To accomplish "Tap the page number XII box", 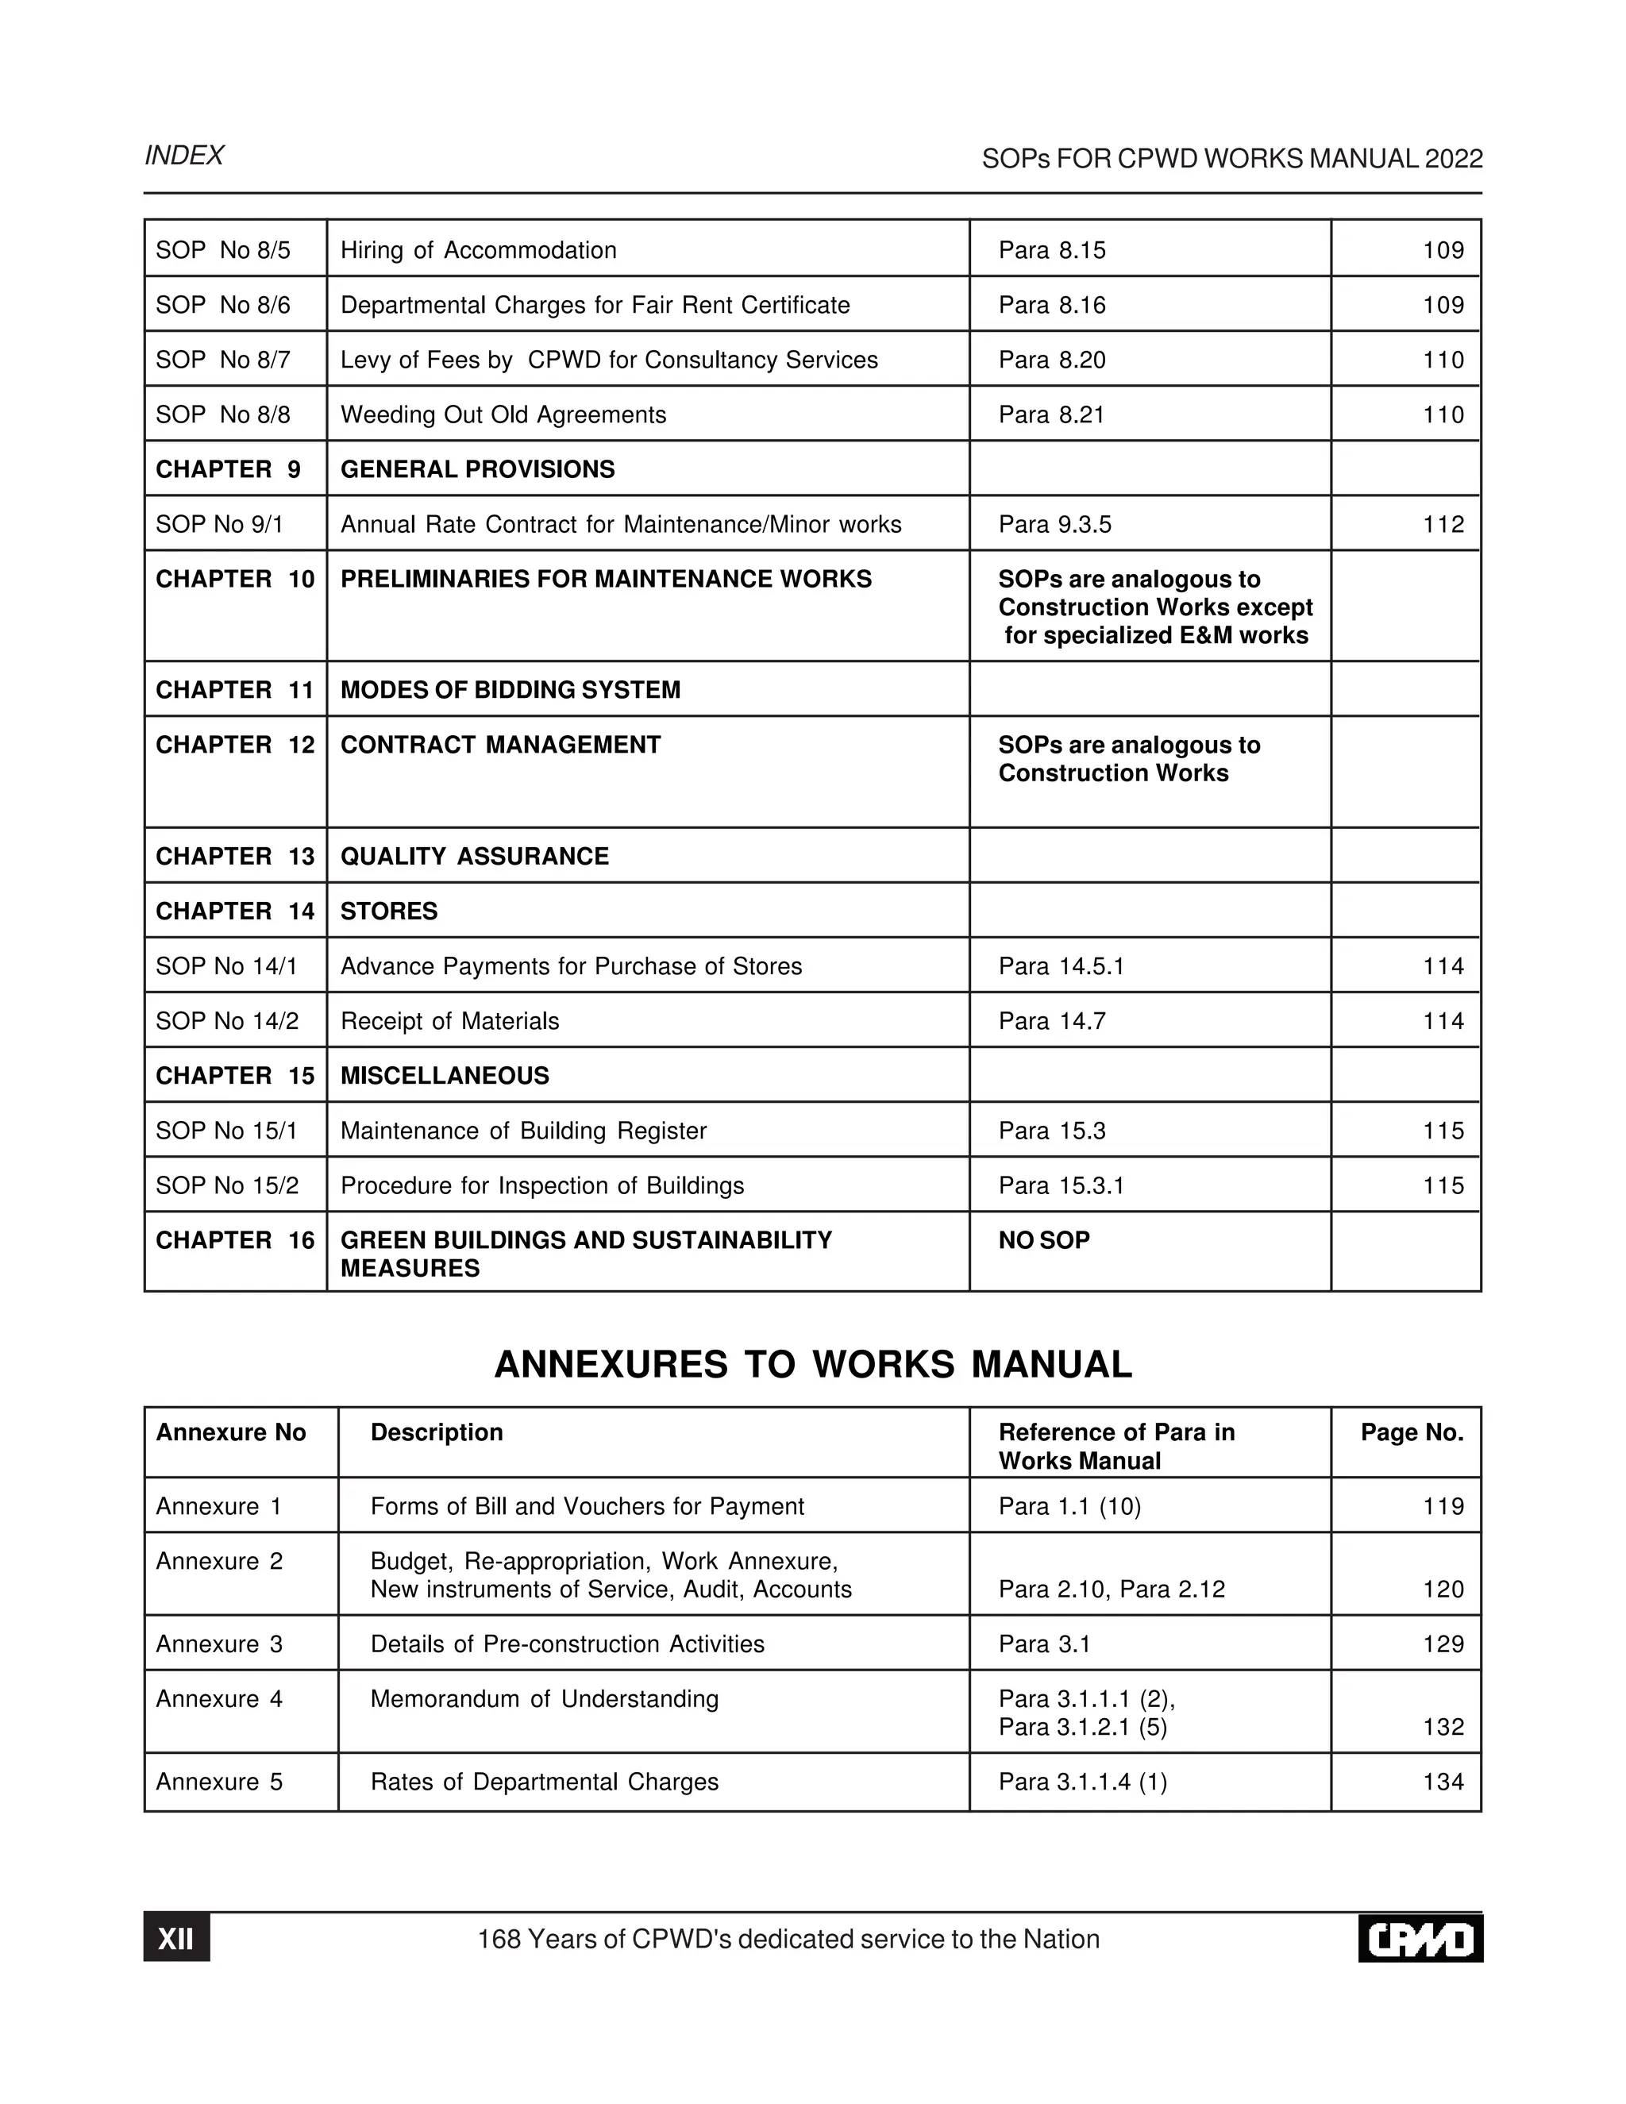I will coord(176,1938).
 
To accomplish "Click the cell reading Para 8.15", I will coord(1052,250).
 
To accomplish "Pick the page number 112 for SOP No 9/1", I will coord(1442,524).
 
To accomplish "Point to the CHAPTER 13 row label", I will coord(235,857).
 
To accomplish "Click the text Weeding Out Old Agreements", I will coord(503,415).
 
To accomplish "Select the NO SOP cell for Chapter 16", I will coord(1044,1241).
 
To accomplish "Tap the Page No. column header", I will coord(1411,1432).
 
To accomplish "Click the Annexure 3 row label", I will coord(220,1644).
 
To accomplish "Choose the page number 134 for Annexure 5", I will coord(1442,1782).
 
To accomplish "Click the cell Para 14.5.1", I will coord(1061,966).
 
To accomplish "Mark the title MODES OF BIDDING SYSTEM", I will coord(510,690).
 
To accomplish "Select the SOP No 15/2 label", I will coord(227,1186).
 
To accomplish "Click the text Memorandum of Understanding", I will coord(544,1699).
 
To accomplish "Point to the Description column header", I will coord(437,1432).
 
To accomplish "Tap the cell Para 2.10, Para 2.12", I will coord(1112,1590).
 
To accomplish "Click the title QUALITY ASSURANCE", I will coord(474,857).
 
